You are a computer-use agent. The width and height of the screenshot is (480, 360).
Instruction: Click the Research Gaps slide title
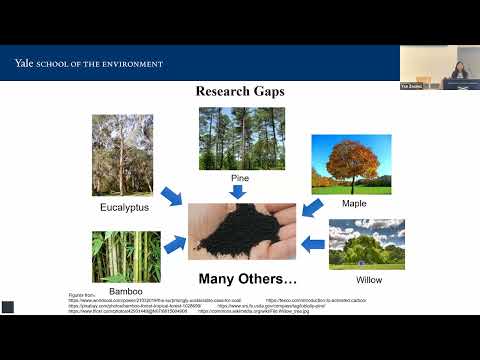[240, 92]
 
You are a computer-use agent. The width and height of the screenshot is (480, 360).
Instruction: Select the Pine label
[240, 178]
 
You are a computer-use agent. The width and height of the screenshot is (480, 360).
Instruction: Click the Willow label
[369, 279]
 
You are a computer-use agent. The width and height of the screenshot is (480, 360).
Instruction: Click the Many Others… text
[247, 278]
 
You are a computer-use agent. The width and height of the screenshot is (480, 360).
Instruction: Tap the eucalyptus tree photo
[122, 156]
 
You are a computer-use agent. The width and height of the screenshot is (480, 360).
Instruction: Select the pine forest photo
[241, 138]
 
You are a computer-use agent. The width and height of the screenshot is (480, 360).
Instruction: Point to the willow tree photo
[367, 245]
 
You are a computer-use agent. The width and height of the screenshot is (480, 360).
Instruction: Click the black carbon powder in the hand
[240, 229]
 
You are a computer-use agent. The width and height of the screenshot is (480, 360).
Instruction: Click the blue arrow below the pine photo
[240, 191]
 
